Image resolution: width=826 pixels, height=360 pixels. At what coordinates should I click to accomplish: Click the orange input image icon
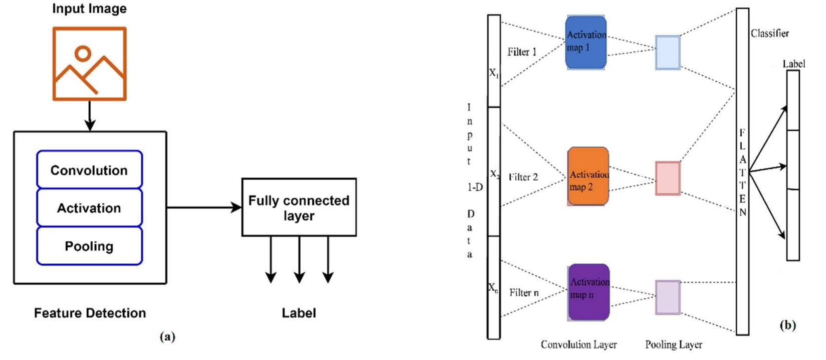coord(90,64)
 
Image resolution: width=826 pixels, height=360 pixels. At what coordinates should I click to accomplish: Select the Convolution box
coord(89,170)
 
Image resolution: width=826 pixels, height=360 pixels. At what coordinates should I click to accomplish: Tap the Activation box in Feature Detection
coord(89,208)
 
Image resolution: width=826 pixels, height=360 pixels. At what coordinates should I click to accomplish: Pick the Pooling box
coord(89,246)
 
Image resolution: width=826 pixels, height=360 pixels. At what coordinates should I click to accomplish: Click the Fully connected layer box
coord(299,208)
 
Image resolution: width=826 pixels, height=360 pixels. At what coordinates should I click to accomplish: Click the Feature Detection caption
coord(90,313)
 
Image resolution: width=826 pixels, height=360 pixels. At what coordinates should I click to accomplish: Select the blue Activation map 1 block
coord(586,43)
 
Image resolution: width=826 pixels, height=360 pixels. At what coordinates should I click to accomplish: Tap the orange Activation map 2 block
coord(588,176)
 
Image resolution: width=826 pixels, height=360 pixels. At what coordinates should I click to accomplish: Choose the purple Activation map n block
coord(589,292)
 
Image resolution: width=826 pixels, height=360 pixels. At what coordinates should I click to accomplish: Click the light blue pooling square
coord(668,52)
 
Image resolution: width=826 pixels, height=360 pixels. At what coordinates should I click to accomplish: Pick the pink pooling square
coord(668,178)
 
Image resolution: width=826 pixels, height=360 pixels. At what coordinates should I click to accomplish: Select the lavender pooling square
coord(668,297)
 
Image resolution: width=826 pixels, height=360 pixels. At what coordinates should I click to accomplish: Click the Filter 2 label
coord(523,177)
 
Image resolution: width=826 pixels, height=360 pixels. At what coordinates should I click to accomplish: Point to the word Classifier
coord(769,34)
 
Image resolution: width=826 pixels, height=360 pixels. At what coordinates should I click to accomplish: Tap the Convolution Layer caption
coord(578,344)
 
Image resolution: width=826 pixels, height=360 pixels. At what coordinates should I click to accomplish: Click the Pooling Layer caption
coord(673,344)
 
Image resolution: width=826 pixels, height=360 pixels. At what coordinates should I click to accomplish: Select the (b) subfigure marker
coord(787,325)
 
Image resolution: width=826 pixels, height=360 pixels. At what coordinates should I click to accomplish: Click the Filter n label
coord(524,292)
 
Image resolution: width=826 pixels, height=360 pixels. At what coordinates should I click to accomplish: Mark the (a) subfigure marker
coord(167,336)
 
